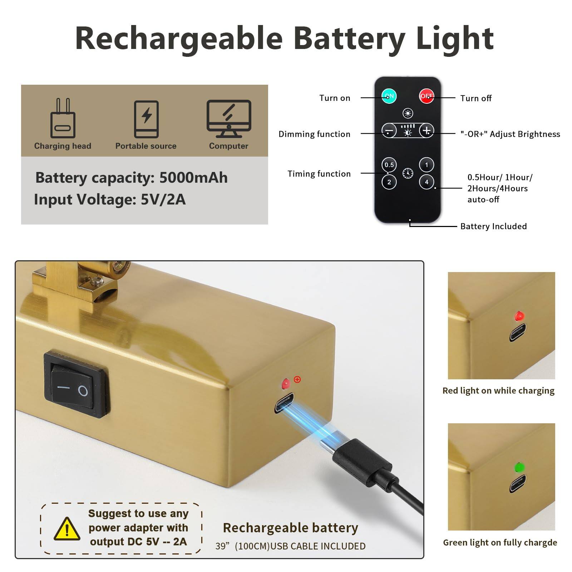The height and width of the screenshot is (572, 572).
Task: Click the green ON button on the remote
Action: click(x=389, y=96)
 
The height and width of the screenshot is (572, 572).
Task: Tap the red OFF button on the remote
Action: click(x=426, y=96)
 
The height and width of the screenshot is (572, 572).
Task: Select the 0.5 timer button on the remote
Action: click(x=389, y=165)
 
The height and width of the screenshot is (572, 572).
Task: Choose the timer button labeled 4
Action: click(x=426, y=182)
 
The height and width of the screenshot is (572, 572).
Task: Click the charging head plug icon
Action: click(x=63, y=118)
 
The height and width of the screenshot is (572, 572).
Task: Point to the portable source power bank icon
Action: click(x=146, y=119)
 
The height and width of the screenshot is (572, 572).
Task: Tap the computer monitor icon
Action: click(x=229, y=119)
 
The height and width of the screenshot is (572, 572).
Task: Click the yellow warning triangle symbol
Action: click(x=67, y=528)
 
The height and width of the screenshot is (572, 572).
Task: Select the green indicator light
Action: click(x=519, y=467)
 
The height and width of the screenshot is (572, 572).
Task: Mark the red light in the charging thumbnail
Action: click(x=519, y=316)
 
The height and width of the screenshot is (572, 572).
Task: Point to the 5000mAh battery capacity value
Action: click(x=193, y=178)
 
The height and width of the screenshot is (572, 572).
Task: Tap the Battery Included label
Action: click(x=493, y=226)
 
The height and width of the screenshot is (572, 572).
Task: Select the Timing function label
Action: click(x=319, y=174)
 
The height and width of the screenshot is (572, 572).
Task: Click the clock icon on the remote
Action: click(x=408, y=173)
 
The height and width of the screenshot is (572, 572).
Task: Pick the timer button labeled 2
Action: click(x=389, y=182)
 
